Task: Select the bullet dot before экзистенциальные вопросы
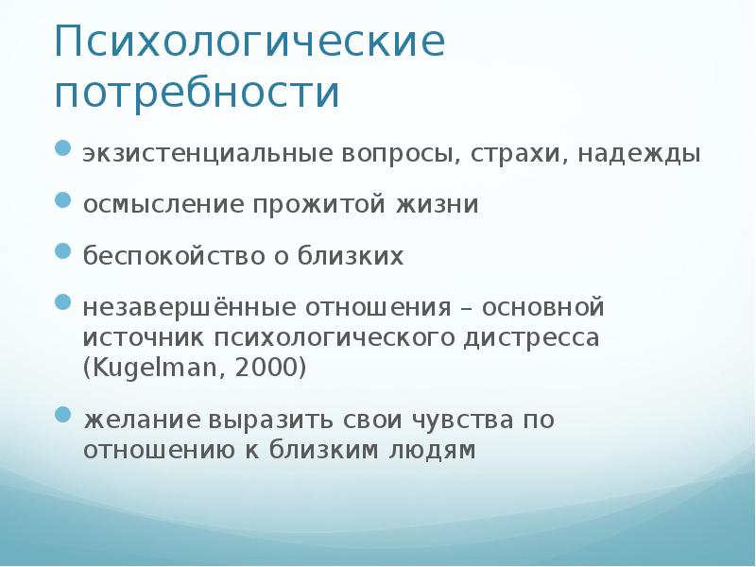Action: pos(62,148)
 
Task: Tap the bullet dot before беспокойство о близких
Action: pos(62,252)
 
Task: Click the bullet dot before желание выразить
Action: pos(62,414)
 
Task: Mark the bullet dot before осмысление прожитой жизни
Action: pos(62,200)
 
